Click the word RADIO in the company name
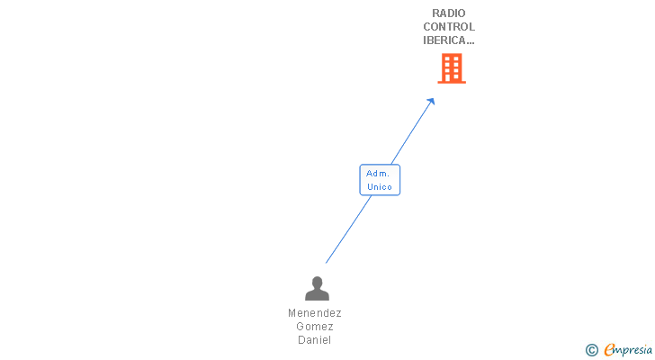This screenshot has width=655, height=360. tap(449, 13)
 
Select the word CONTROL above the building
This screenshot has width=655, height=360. tap(449, 27)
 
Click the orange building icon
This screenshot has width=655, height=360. tap(452, 68)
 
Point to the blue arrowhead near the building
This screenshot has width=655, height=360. tap(431, 101)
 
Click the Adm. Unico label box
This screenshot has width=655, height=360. tap(380, 180)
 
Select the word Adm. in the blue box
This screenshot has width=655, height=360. tap(378, 173)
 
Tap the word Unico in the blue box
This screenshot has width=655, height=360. tap(380, 187)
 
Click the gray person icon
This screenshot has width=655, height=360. tap(317, 289)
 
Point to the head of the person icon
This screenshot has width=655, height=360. tap(317, 283)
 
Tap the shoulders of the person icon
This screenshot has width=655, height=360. tap(317, 295)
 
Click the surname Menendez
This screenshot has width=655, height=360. tap(315, 313)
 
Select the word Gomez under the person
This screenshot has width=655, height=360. tap(315, 327)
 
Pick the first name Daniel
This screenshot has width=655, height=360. tap(315, 340)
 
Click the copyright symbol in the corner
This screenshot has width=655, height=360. tap(591, 350)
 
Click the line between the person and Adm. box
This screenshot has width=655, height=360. tap(346, 231)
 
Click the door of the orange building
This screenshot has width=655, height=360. tap(452, 77)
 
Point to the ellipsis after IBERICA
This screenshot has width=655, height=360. tap(471, 40)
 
